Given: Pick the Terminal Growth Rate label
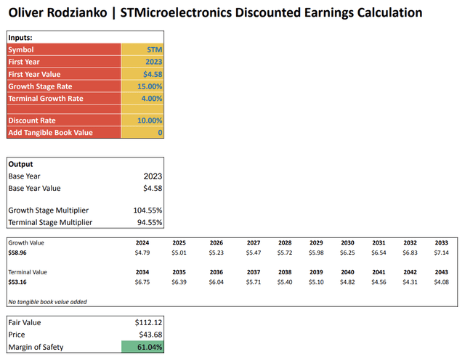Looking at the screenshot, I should [46, 98].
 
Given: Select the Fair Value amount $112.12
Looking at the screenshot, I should [148, 322].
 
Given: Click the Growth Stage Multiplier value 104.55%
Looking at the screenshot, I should [145, 210].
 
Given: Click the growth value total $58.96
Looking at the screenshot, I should [19, 253].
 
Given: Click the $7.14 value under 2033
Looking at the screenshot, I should [441, 253].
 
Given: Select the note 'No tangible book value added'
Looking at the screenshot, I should [44, 301].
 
